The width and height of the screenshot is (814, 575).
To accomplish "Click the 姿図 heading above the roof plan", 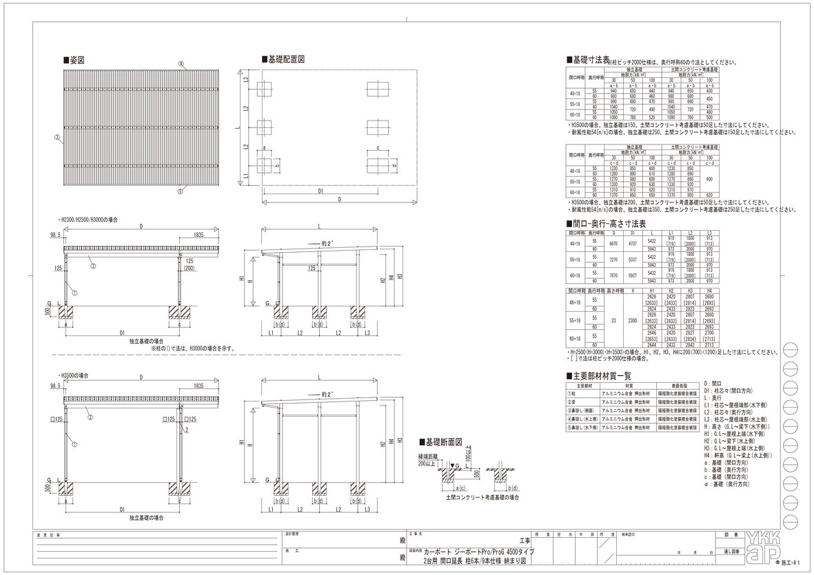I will pos(74,61).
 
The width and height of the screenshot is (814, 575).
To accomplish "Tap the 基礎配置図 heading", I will pos(285,60).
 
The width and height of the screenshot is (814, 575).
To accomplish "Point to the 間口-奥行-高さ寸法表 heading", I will pos(607,224).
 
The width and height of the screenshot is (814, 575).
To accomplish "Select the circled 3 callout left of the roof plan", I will pos(57,138).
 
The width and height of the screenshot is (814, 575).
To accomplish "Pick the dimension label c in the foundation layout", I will pos(378,149).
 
